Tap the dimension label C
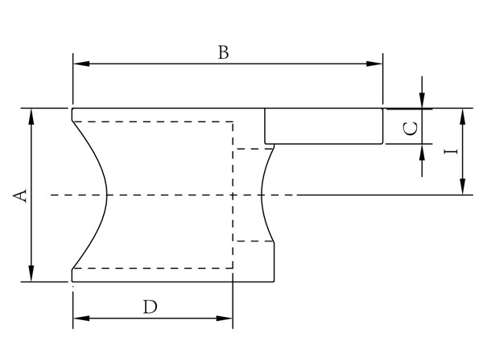coord(409,128)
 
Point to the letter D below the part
coord(150,306)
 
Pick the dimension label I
coord(451,151)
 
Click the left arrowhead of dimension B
coord(79,64)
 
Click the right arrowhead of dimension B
coord(375,64)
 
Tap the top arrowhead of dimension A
coord(32,114)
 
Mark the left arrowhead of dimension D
coord(79,319)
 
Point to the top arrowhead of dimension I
coord(463,114)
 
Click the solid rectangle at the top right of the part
coord(324,126)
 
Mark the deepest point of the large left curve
coord(106,195)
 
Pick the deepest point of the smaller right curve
coord(263,195)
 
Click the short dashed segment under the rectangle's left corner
coord(253,149)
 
